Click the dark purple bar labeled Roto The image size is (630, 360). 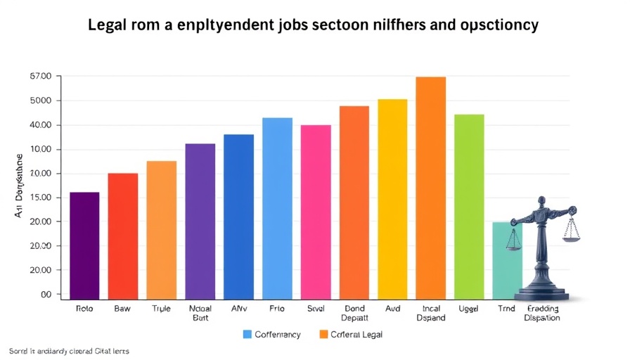[x=84, y=245]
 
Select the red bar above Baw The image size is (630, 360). [x=122, y=236]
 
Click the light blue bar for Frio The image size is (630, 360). [x=277, y=208]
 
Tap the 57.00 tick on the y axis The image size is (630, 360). [x=41, y=76]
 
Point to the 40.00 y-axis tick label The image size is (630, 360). [x=41, y=125]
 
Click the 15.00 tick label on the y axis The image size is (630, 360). [x=41, y=198]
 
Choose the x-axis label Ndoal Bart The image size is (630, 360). [x=200, y=313]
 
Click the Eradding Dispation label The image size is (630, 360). [x=542, y=313]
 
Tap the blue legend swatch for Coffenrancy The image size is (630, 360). [x=247, y=334]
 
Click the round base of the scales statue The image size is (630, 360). [x=541, y=292]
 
